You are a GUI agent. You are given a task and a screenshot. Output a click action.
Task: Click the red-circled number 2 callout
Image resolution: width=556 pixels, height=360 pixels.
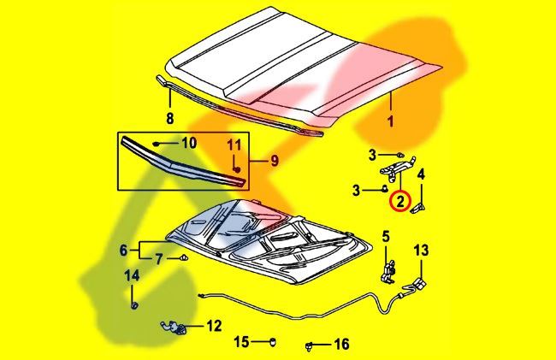pos(399,203)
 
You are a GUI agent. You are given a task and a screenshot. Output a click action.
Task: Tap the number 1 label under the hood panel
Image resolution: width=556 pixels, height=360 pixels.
pos(390,122)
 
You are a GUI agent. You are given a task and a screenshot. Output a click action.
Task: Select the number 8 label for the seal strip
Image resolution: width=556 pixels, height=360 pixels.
pos(169,117)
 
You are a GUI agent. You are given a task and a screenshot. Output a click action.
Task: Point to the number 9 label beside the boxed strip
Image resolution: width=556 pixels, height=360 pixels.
pos(275,159)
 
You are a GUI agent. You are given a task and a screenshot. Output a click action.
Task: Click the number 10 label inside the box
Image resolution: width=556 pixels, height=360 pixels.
pos(188,142)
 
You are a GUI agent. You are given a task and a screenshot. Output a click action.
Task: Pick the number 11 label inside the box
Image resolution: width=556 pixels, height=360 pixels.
pos(234,145)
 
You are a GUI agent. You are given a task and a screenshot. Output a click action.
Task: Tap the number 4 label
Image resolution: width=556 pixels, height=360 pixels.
pos(421,174)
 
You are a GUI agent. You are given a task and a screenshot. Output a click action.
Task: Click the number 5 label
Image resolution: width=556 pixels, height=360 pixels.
pos(386,236)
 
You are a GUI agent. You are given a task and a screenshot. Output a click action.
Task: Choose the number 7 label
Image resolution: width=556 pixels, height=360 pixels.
pos(159,258)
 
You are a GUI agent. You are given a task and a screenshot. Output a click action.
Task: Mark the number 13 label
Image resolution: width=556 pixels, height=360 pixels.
pos(421,251)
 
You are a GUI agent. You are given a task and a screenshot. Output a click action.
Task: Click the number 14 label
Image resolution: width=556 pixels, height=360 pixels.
pos(132,275)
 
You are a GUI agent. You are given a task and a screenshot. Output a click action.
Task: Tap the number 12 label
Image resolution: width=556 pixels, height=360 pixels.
pos(213,326)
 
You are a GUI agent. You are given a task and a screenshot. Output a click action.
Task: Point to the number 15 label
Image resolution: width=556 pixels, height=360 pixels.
pos(242,342)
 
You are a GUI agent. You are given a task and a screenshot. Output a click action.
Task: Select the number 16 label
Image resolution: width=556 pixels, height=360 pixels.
pos(341,345)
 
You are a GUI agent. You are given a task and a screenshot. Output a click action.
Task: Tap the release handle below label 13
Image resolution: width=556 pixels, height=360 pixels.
pos(418,282)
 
